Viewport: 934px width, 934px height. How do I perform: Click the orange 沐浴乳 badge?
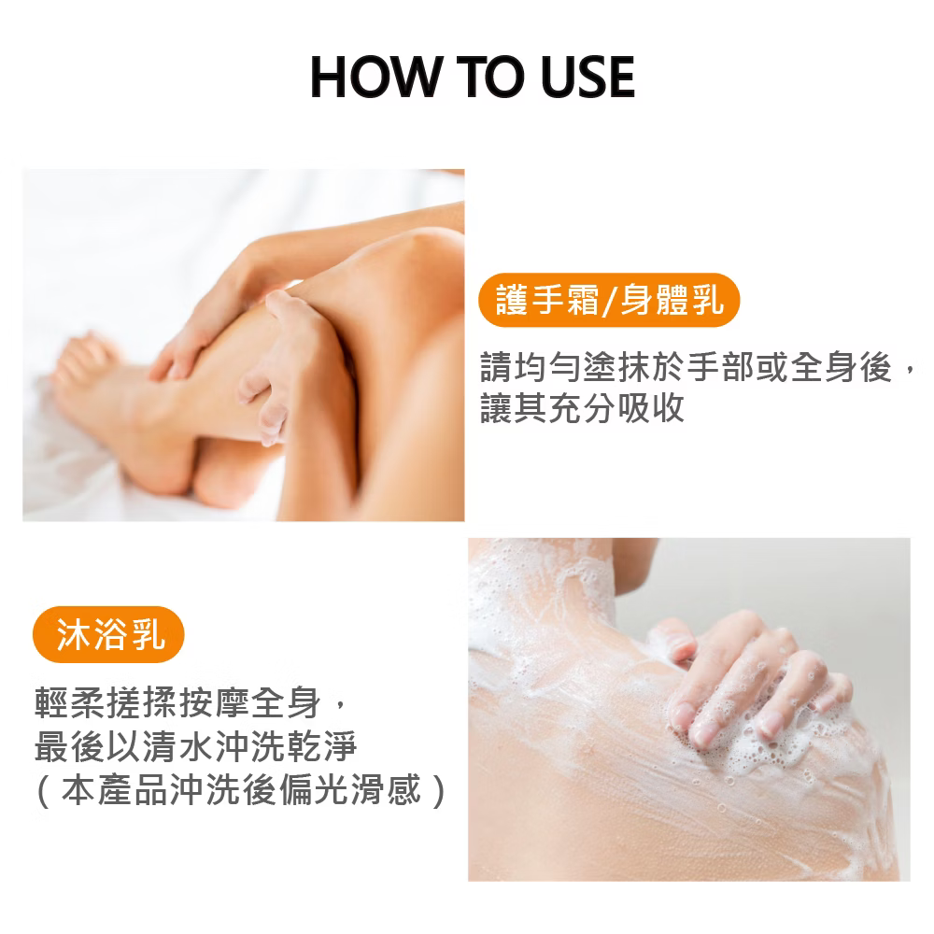110,637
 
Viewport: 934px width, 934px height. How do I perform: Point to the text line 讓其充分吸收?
582,408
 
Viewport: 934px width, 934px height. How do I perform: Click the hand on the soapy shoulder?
747,682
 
